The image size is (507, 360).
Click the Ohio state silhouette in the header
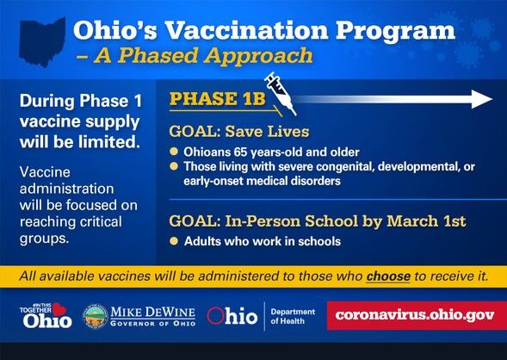click(42, 40)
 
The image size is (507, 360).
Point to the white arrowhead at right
click(482, 99)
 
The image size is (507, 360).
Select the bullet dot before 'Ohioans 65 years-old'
click(174, 152)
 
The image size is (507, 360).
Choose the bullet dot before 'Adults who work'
click(174, 241)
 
